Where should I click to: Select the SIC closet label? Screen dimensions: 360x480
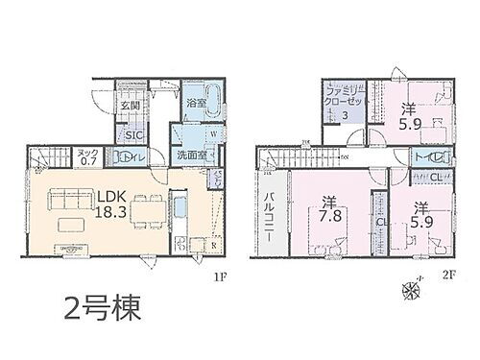[x=134, y=135]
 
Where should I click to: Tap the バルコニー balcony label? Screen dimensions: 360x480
[x=270, y=215]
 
